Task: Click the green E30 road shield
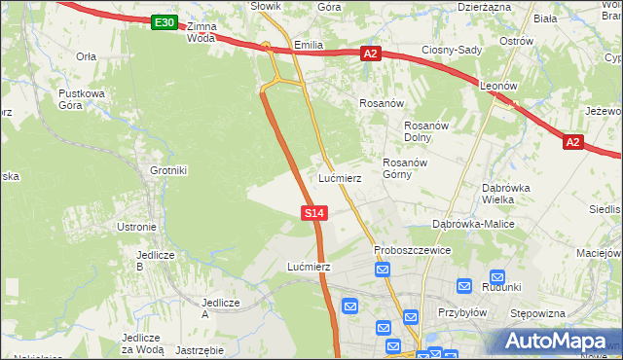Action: click(165, 22)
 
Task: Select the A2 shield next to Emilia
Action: click(370, 54)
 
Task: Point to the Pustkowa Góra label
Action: click(81, 99)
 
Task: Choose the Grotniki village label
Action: click(168, 170)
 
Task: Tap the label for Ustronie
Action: click(136, 227)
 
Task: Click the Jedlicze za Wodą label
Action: click(142, 342)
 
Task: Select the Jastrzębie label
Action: click(202, 349)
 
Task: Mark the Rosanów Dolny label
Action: click(424, 131)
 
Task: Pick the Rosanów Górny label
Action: click(405, 169)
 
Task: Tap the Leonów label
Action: click(497, 86)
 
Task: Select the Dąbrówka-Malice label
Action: click(473, 224)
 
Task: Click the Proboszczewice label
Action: click(413, 250)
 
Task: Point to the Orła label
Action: click(86, 56)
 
